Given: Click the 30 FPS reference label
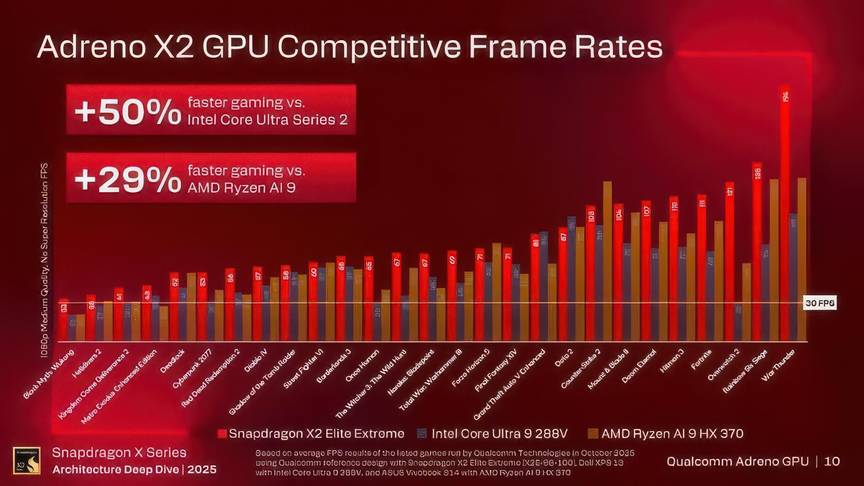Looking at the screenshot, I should (819, 303).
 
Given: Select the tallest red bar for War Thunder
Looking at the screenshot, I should (785, 211).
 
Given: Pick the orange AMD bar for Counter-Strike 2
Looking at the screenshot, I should (607, 262).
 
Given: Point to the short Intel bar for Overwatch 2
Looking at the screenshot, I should (738, 323).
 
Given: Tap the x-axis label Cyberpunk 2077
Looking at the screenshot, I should (192, 369).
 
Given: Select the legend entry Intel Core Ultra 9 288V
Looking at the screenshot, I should (494, 434).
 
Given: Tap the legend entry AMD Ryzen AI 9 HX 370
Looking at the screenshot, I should (667, 434).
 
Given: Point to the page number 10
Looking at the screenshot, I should (832, 462).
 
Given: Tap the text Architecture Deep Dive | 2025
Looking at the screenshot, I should (134, 470).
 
